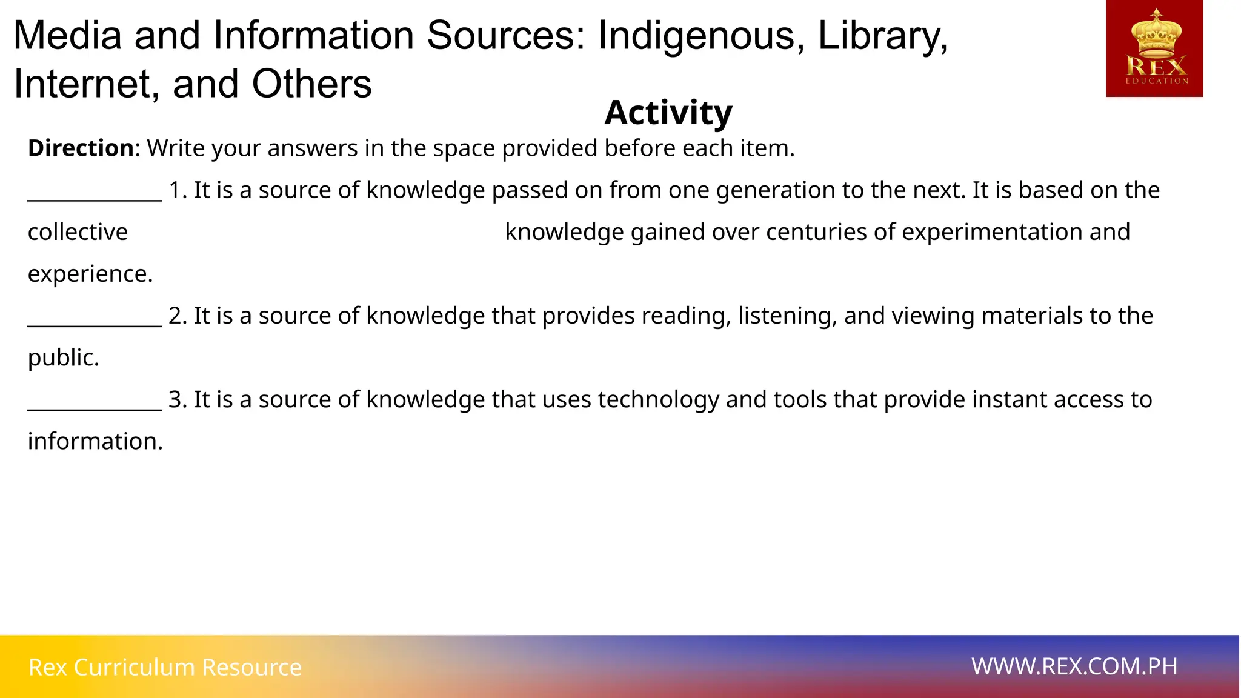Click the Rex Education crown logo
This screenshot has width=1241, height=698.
tap(1154, 48)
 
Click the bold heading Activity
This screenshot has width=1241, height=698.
tap(668, 113)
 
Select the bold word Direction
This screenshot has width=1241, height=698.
tap(81, 148)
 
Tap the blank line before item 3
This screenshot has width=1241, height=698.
tap(95, 404)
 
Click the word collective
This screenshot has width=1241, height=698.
tap(78, 232)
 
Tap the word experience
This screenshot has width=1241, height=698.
tap(90, 274)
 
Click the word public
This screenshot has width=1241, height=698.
tap(63, 357)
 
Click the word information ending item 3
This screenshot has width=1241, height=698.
tap(95, 441)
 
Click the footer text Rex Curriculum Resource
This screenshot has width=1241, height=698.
tap(165, 667)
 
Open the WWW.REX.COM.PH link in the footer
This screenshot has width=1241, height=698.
tap(1074, 666)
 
